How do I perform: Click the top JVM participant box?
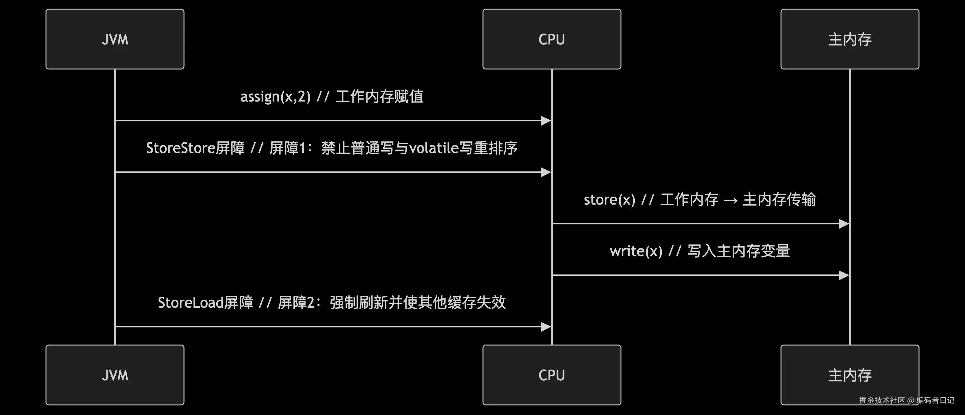115,39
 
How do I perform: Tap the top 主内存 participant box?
850,39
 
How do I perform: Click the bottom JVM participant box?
115,375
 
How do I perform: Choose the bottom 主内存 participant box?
850,375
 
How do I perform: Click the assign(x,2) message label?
332,97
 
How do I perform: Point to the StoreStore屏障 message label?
332,148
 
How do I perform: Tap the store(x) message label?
700,200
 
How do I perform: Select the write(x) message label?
700,251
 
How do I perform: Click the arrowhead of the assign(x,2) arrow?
546,121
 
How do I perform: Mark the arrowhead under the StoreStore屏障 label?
546,172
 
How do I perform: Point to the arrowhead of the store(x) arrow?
844,224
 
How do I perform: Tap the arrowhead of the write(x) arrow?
844,275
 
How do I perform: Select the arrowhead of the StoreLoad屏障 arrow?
546,327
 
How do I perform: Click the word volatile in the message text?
434,148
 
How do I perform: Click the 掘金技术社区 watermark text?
882,400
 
